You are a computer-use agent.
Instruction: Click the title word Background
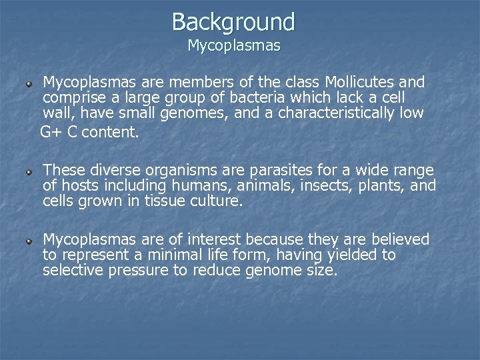tap(233, 21)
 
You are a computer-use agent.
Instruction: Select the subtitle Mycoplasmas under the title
tap(234, 46)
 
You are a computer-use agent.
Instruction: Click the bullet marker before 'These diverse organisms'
tap(29, 172)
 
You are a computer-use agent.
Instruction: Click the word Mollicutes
tap(360, 82)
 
